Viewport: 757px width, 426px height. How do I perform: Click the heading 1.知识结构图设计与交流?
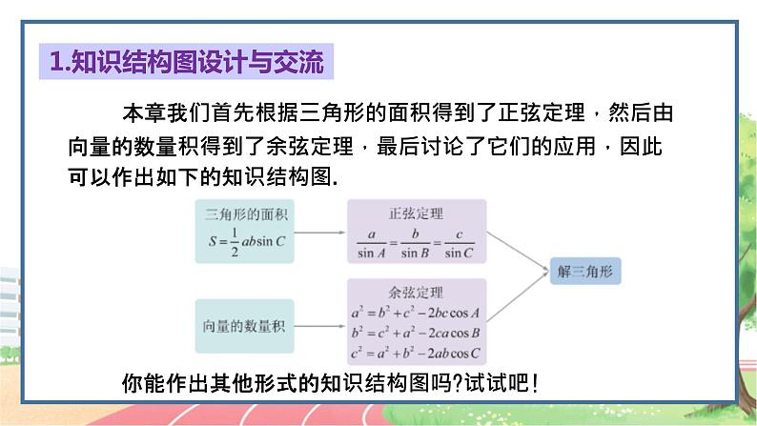[x=188, y=63]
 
